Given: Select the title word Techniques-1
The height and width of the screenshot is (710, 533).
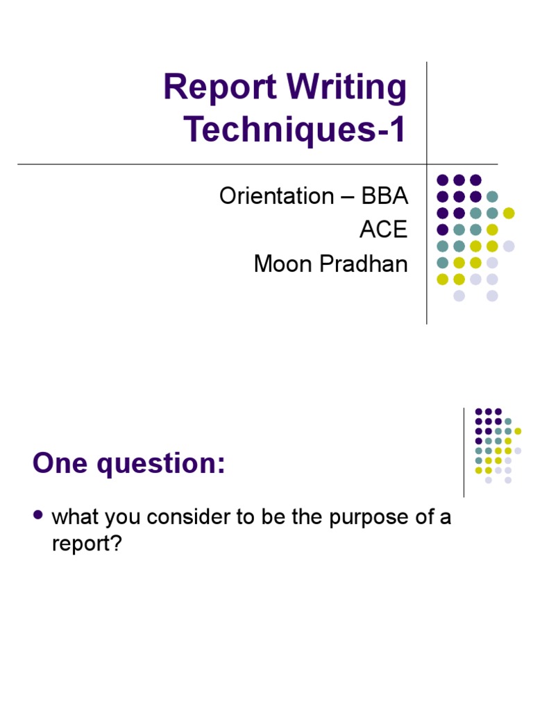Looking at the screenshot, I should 295,130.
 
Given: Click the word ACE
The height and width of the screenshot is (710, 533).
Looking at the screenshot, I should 383,230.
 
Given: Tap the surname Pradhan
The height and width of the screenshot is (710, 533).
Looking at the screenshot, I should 366,263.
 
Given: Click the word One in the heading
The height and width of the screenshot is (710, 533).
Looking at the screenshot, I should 60,464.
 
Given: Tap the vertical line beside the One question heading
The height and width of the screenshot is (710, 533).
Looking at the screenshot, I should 464,452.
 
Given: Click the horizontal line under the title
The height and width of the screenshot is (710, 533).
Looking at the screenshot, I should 208,164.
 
